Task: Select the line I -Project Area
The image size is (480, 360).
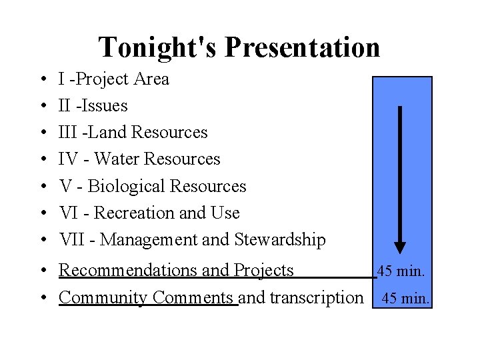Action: (114, 79)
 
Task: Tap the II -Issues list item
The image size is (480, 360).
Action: (93, 106)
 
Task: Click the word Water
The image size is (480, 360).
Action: (117, 159)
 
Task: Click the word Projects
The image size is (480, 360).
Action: (264, 270)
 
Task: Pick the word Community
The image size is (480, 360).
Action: (104, 297)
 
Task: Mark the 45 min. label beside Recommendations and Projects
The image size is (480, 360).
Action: (402, 271)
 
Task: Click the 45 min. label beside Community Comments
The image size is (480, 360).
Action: (405, 299)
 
